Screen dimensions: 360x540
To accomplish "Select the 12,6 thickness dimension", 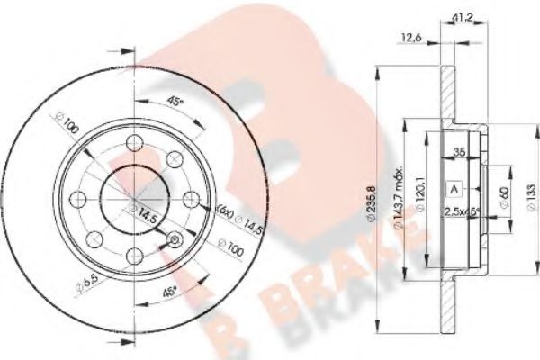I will [412, 37].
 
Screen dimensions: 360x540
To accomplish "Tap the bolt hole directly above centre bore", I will [135, 142].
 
